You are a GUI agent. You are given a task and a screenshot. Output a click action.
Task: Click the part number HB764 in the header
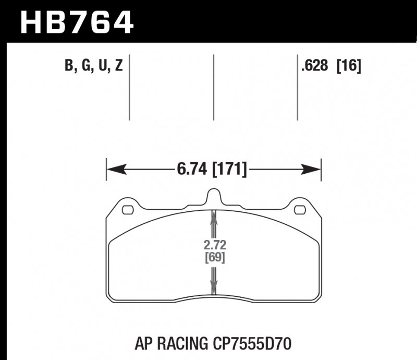click(77, 22)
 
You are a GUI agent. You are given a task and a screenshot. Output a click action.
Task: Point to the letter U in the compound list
click(102, 67)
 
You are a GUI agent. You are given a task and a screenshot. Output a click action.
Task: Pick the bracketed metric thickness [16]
click(349, 67)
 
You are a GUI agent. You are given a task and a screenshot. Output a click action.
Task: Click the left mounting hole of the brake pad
click(128, 210)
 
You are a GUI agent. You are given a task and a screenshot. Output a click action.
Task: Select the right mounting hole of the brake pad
click(300, 210)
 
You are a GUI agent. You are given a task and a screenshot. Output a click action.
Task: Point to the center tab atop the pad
click(214, 197)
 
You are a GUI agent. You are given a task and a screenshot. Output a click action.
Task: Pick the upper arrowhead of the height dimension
click(214, 215)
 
